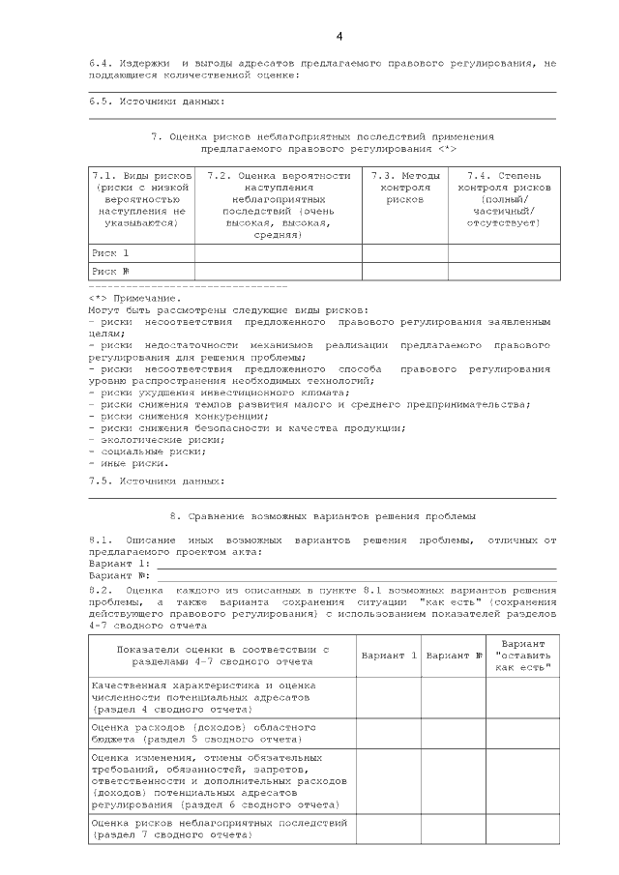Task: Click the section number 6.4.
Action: click(x=101, y=64)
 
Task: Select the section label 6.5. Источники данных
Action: click(x=157, y=100)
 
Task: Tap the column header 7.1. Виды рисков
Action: click(x=141, y=199)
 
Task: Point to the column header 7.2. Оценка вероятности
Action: click(x=279, y=205)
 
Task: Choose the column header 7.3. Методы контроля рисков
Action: click(x=404, y=188)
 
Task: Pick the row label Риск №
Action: click(x=110, y=271)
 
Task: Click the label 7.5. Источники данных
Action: click(x=157, y=481)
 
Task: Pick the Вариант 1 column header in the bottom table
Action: click(x=389, y=655)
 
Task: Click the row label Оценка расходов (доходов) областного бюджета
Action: click(x=184, y=731)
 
